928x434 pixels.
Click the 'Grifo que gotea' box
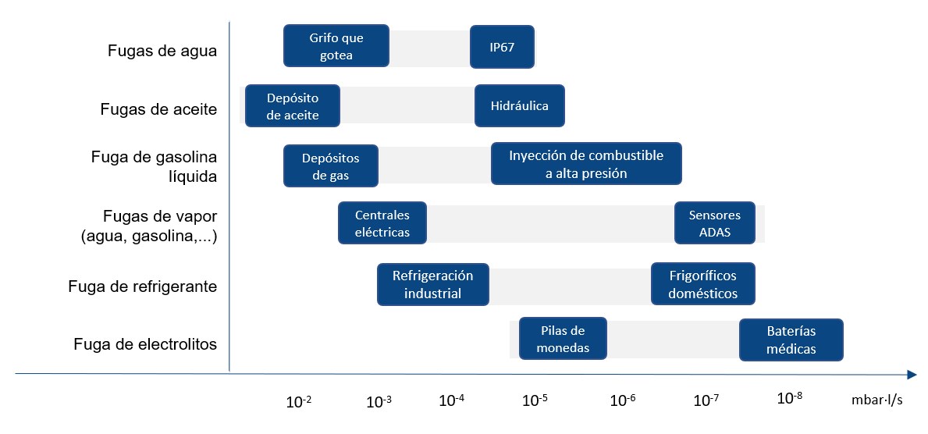336,46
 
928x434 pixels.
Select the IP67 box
502,46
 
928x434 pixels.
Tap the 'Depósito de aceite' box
293,106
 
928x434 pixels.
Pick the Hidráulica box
520,106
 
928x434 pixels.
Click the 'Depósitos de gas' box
331,166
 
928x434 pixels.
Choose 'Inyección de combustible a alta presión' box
586,163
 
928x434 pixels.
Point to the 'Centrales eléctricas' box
382,222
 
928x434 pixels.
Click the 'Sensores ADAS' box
715,222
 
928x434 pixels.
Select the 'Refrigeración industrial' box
433,284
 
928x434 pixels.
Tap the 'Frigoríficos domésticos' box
703,284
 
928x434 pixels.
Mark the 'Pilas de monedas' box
563,339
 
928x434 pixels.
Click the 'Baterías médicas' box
791,340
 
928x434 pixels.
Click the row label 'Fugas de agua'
162,51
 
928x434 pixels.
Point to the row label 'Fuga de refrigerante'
143,286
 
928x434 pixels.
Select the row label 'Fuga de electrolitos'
146,344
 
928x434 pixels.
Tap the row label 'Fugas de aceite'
158,109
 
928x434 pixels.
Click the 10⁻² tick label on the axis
299,401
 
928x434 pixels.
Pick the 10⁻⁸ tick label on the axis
790,398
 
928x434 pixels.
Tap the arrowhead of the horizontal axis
912,374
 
